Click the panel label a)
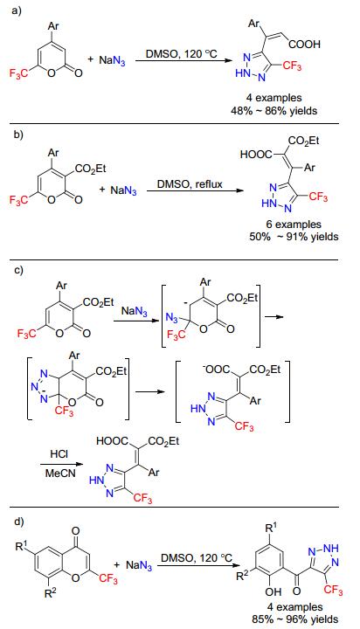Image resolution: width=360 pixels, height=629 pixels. [x=17, y=10]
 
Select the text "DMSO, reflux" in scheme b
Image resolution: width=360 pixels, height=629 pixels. [x=190, y=184]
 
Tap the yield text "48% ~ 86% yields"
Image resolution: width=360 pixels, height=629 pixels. [x=273, y=110]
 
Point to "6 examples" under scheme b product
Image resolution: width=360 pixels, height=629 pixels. [x=294, y=225]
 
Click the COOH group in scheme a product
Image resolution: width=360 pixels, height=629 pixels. [x=304, y=45]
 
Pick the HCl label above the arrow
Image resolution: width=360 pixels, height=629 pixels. [x=59, y=454]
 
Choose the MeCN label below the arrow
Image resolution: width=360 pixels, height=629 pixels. [x=59, y=473]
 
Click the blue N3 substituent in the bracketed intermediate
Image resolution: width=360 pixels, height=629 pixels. [x=172, y=318]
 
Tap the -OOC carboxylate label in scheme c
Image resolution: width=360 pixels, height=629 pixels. [x=218, y=369]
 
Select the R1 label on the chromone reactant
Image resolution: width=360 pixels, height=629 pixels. [x=22, y=546]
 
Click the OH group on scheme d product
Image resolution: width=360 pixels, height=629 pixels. [x=273, y=591]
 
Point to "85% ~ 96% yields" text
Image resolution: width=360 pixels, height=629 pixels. [x=295, y=619]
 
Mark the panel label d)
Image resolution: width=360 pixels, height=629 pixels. [x=19, y=522]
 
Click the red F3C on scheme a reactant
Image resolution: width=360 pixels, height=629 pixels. [x=18, y=73]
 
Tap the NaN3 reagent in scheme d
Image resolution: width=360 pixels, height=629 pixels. [x=139, y=565]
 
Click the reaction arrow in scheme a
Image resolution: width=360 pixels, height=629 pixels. [x=183, y=60]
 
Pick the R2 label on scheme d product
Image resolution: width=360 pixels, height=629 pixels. [x=242, y=577]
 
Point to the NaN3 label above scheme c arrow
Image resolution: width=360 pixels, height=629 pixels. [x=134, y=310]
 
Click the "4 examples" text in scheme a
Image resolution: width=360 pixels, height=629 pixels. [x=273, y=98]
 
